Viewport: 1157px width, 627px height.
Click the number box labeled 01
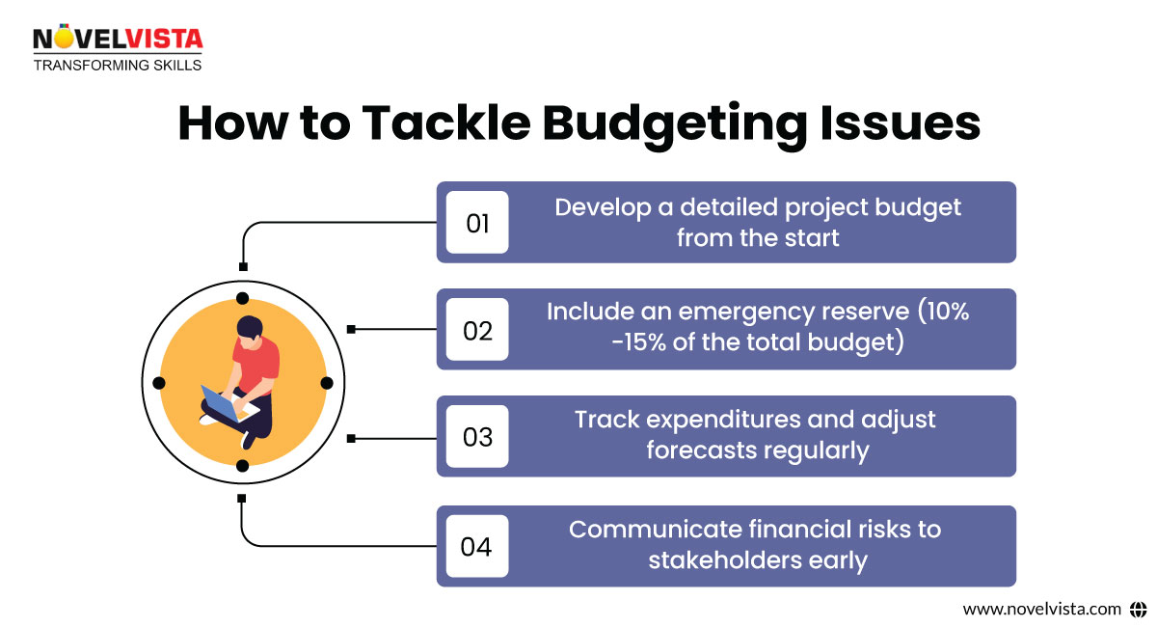[x=477, y=223]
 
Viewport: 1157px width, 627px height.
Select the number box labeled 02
[x=477, y=330]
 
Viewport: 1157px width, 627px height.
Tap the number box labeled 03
[x=477, y=437]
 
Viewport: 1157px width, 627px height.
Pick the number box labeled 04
[x=477, y=547]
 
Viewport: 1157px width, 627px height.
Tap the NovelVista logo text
[x=118, y=40]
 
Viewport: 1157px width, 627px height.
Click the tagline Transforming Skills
[x=118, y=66]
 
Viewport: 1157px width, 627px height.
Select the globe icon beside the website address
[x=1138, y=609]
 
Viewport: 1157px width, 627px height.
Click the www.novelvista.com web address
[x=1042, y=609]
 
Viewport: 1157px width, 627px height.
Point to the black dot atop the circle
[x=243, y=298]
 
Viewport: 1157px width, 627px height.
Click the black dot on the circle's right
[x=327, y=383]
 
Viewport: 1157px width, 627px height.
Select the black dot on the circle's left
[x=159, y=383]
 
